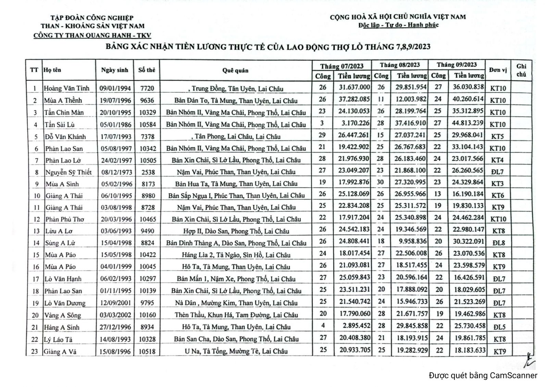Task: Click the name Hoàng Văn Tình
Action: coord(66,88)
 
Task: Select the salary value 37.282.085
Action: coord(354,99)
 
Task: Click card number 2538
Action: coord(147,172)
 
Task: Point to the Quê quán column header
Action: coord(235,70)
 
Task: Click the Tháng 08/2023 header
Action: coord(400,65)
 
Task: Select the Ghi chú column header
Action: coord(521,70)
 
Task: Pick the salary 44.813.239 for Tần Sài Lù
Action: coord(468,123)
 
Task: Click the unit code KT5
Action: coord(497,136)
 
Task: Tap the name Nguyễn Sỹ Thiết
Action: coord(68,172)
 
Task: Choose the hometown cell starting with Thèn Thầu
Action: coord(236,315)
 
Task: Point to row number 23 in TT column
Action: coord(35,351)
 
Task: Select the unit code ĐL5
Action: coord(499,327)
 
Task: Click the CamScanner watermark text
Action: coord(483,375)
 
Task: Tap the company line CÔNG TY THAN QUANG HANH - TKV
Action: coord(92,35)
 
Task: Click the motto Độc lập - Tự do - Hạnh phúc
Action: coord(398,25)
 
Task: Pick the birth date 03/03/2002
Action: coord(116,315)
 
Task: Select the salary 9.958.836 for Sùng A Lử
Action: coord(413,241)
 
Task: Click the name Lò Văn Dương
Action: coord(65,303)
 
